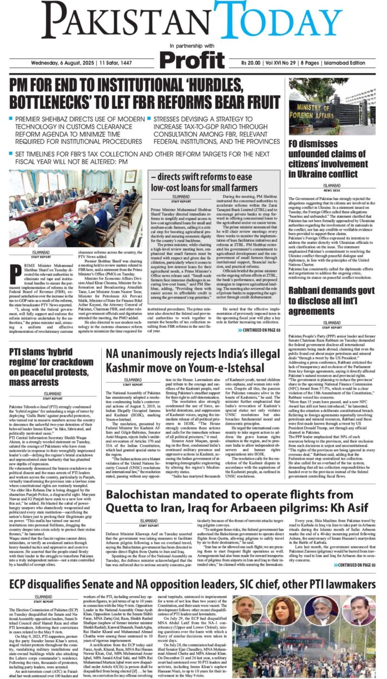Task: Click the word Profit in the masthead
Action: [193, 59]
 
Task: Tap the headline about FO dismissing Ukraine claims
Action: [332, 159]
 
